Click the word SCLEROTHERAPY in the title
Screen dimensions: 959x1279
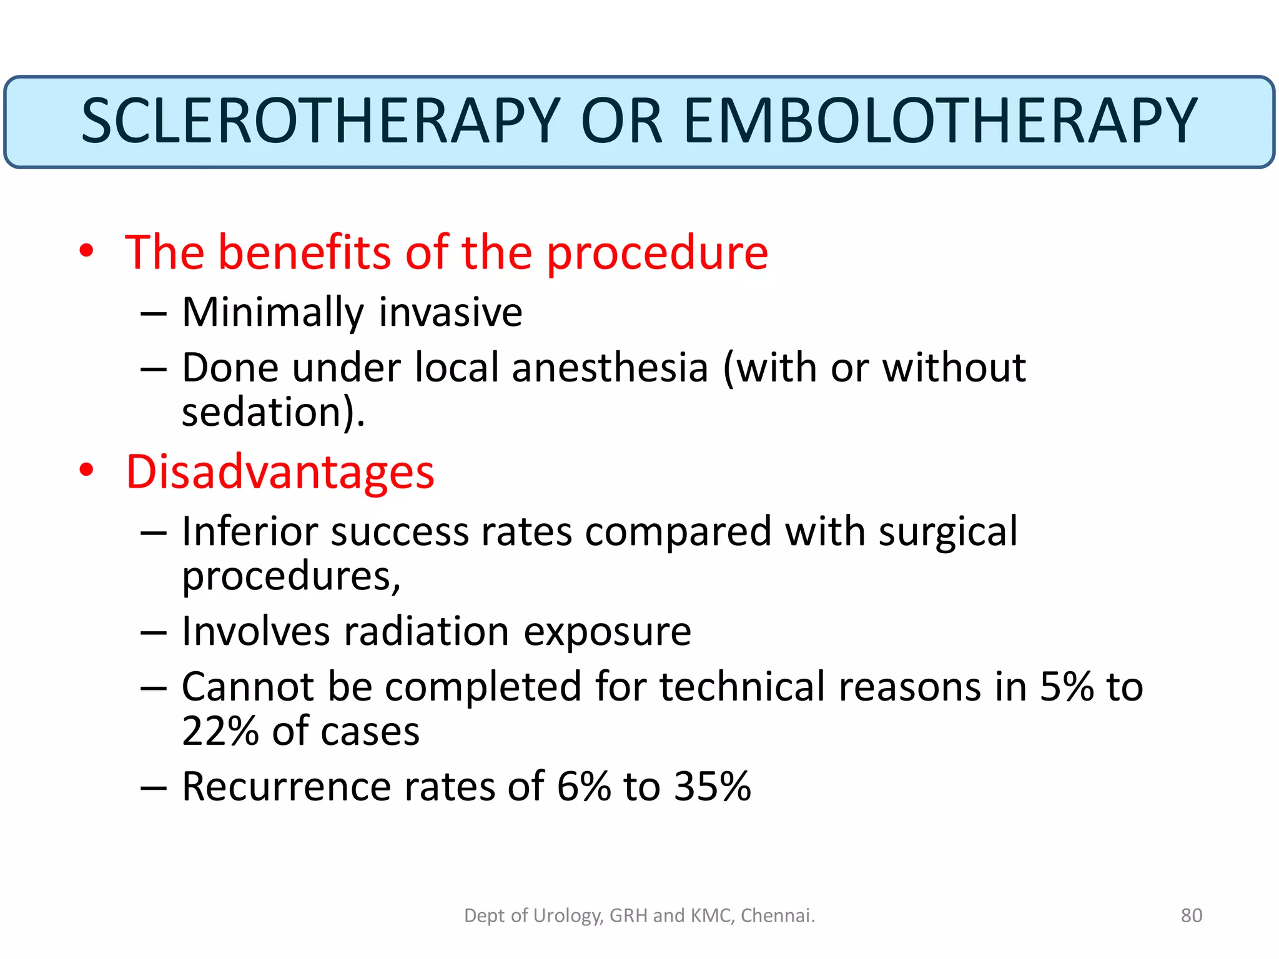[320, 121]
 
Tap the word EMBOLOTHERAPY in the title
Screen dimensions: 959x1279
[941, 121]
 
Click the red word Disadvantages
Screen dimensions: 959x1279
[280, 472]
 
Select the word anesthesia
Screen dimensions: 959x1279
[610, 368]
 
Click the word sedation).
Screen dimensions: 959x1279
[273, 413]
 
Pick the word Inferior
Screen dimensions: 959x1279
[250, 532]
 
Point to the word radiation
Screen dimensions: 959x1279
[427, 632]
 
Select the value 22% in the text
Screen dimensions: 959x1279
[220, 731]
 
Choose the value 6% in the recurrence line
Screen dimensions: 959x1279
[583, 787]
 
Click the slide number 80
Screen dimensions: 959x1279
[1191, 915]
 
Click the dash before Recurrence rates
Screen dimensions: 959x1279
[154, 788]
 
